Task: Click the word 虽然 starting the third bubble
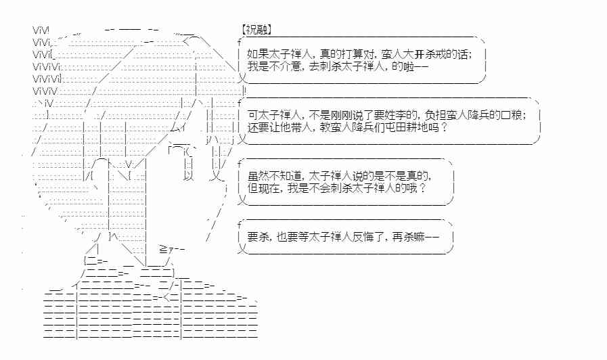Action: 258,175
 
